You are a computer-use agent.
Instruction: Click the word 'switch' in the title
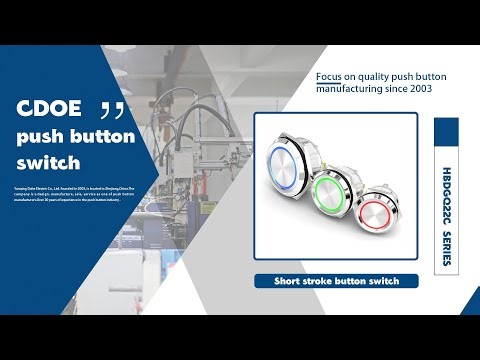pyautogui.click(x=48, y=163)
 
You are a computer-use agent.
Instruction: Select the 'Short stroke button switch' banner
pyautogui.click(x=336, y=281)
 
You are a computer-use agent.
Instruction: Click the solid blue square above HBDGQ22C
pyautogui.click(x=447, y=130)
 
